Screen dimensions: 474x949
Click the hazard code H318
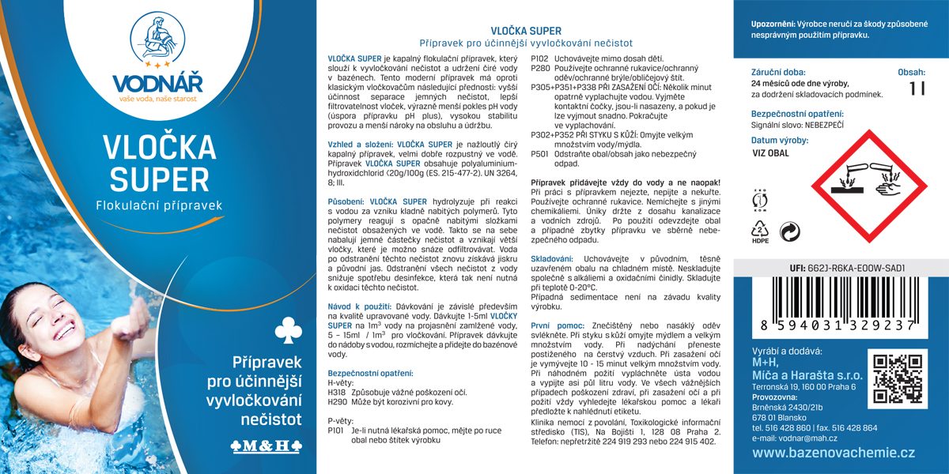click(x=335, y=393)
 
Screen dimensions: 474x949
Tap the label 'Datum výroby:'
click(x=779, y=140)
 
